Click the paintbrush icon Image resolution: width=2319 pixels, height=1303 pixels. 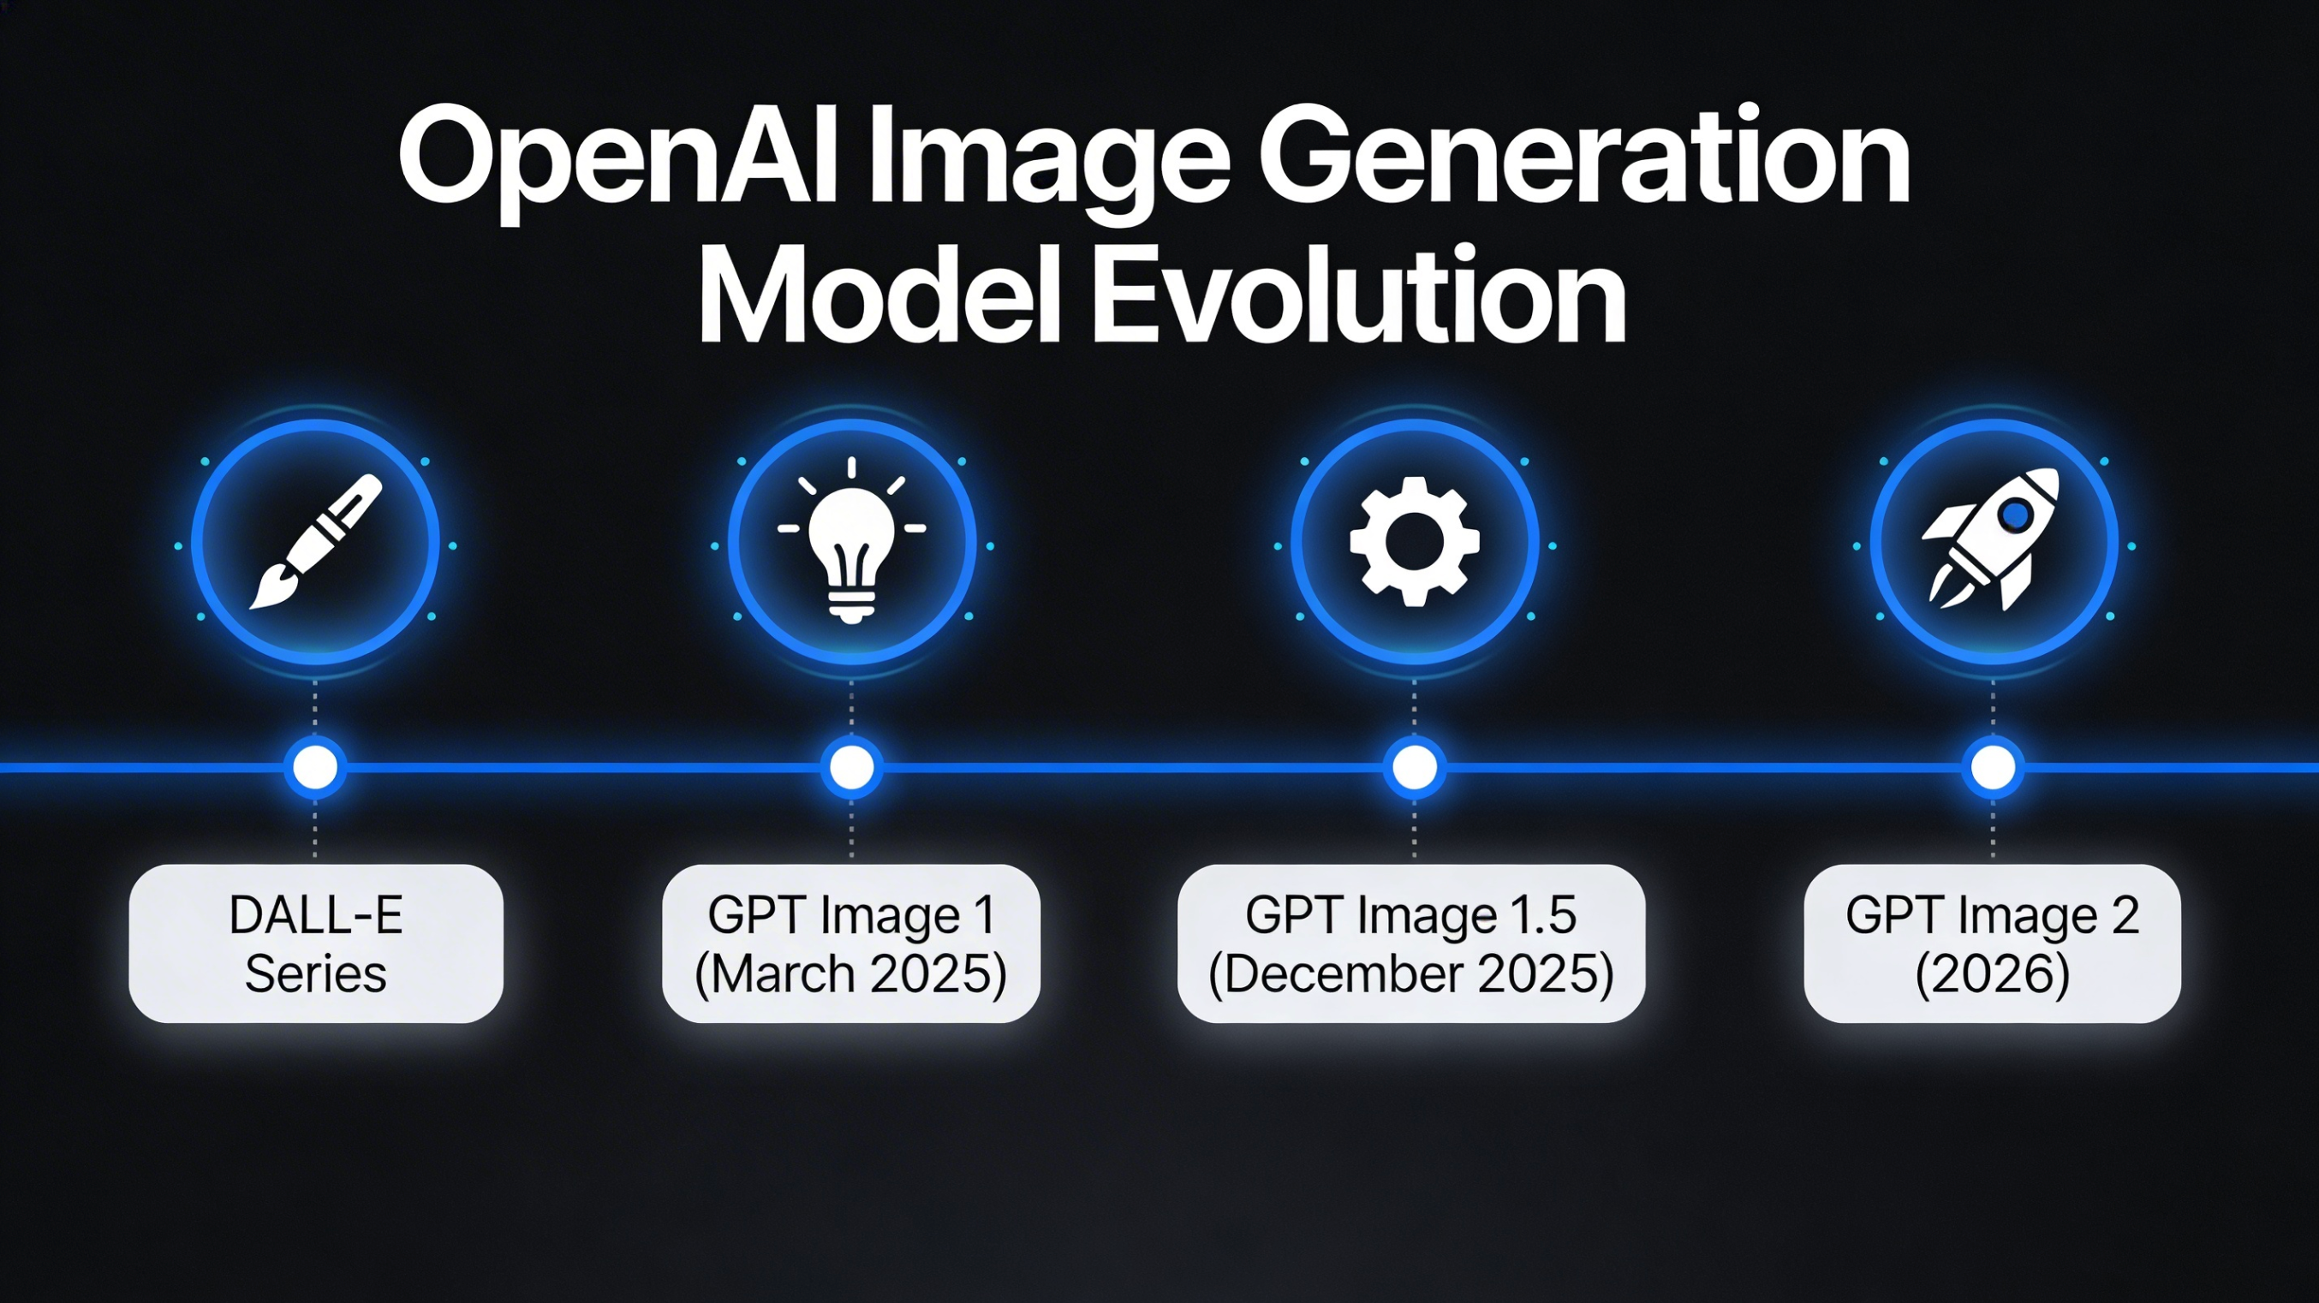315,541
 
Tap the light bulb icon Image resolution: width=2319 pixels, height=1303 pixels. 851,540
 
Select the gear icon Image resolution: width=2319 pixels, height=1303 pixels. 1415,542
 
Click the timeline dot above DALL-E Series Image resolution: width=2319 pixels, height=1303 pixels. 315,768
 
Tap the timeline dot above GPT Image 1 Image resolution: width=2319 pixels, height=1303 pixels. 851,768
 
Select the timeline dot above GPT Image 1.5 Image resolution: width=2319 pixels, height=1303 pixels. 1415,768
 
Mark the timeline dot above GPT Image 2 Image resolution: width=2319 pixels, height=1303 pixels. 1993,768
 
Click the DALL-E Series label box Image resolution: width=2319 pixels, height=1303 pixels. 316,943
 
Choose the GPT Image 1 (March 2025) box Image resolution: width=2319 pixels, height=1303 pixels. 850,943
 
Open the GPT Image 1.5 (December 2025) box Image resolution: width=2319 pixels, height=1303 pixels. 1410,943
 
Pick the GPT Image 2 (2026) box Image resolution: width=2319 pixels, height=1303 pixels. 1992,943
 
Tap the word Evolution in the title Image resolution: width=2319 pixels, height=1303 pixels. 1359,293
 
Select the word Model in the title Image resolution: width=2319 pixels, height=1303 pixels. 879,293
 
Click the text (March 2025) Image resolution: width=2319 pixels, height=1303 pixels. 850,974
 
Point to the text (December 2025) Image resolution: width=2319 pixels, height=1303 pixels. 1410,974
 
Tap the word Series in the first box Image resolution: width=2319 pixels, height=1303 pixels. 316,973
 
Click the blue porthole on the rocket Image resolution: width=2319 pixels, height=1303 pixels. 2016,515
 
